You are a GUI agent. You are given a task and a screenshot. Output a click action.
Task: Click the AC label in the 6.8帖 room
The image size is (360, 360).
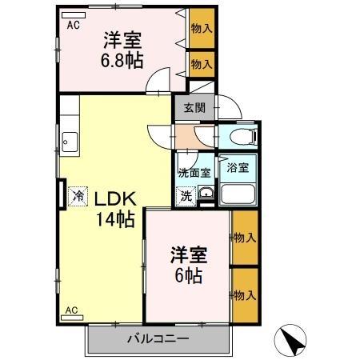(x=73, y=25)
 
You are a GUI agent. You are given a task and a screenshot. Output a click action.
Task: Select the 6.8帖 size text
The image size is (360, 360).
(x=122, y=60)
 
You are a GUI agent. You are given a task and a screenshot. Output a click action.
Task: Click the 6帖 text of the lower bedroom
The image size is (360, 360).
(x=189, y=276)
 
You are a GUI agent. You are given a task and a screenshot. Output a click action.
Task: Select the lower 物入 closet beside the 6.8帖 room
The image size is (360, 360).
(x=200, y=64)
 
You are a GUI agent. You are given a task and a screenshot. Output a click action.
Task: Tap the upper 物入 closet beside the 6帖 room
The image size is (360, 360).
(x=245, y=237)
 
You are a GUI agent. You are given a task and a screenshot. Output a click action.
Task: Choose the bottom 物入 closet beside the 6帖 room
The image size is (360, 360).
(x=245, y=295)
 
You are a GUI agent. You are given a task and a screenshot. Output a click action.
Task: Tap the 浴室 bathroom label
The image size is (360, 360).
(x=238, y=168)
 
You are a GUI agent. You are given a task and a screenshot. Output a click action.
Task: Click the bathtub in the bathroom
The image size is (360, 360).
(x=238, y=195)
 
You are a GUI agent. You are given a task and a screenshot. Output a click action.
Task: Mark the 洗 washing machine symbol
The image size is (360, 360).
(x=185, y=194)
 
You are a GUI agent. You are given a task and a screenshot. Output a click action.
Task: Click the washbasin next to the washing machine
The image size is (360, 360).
(x=206, y=193)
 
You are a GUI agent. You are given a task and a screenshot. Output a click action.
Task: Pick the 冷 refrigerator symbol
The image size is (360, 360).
(x=78, y=194)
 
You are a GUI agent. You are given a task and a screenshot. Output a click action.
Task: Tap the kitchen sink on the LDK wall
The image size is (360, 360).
(x=66, y=143)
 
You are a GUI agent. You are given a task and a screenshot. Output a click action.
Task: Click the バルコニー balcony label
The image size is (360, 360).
(x=158, y=338)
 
